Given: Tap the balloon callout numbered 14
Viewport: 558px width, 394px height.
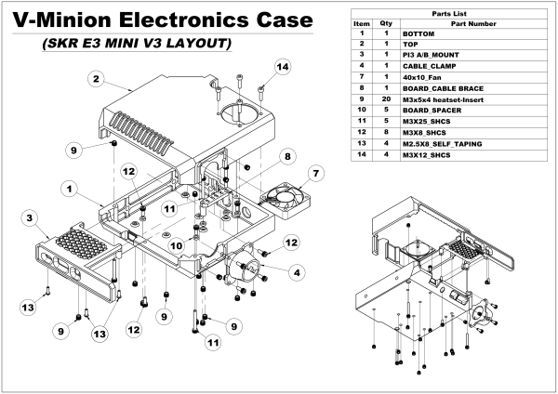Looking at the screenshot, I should coord(283,67).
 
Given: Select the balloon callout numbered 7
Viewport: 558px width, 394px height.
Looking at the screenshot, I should coord(315,173).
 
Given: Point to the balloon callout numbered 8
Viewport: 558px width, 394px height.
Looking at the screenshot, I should coord(289,156).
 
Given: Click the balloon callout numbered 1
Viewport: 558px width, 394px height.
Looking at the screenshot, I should coord(68,188).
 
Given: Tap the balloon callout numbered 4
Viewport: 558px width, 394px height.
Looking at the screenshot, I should coord(297,272).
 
